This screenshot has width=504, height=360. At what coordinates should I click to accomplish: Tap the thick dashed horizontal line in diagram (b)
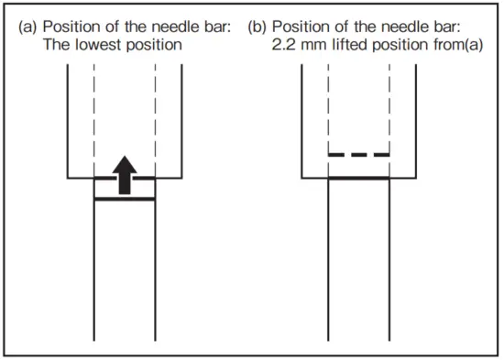pyautogui.click(x=359, y=155)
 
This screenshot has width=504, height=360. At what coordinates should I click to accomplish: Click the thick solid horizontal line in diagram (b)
pyautogui.click(x=359, y=179)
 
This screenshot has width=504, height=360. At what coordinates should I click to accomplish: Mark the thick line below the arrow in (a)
pyautogui.click(x=125, y=199)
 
